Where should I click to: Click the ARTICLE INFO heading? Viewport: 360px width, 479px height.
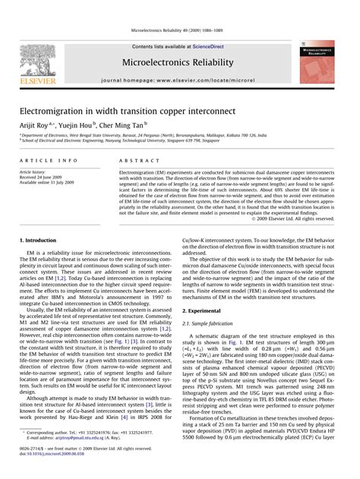tap(49, 161)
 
